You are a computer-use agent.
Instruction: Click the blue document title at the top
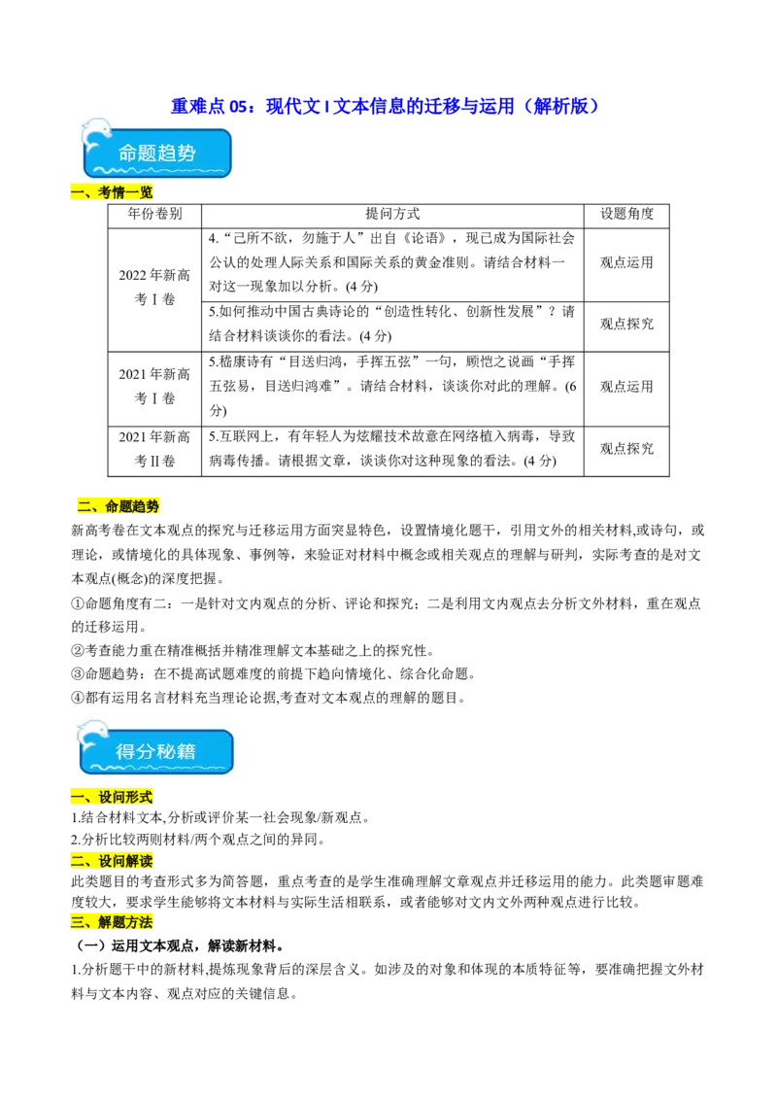coord(384,105)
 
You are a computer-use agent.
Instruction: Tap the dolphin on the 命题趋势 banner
coord(95,136)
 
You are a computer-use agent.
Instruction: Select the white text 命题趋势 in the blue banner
coord(156,154)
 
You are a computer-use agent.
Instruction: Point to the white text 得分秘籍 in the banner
coord(155,751)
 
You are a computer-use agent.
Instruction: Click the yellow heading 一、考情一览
coord(112,193)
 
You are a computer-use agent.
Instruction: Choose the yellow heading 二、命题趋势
coord(118,506)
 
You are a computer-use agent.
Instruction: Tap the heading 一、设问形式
coord(112,798)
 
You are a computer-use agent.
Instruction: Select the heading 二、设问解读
coord(112,861)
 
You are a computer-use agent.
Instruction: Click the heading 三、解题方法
coord(112,922)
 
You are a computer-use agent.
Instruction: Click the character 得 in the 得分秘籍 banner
coord(124,751)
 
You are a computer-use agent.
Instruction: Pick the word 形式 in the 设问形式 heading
coord(139,798)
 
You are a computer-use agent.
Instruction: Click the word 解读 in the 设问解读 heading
coord(139,861)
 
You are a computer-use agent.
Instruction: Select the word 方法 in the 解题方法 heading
coord(139,922)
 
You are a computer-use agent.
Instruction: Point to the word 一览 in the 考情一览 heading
coord(139,193)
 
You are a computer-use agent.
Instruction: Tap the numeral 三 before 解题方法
coord(77,922)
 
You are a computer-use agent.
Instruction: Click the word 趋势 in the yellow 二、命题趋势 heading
coord(146,506)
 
